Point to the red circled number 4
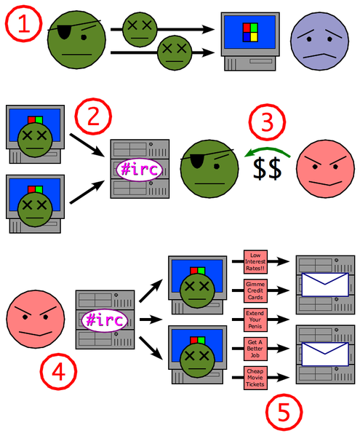tap(60, 373)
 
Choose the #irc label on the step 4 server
tap(101, 320)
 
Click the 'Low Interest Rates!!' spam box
tap(258, 262)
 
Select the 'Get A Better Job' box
tap(258, 348)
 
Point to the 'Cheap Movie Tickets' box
tap(258, 377)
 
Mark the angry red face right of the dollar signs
tap(324, 170)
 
